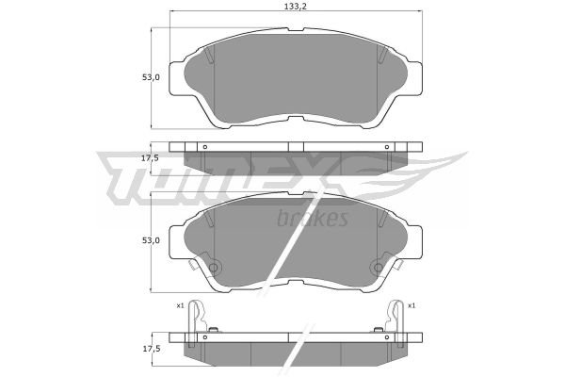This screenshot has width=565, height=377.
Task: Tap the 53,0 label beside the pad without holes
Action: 151,77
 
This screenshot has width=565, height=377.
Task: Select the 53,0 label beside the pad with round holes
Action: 151,241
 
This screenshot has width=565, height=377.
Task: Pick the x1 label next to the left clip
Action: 181,305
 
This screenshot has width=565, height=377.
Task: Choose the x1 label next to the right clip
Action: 412,305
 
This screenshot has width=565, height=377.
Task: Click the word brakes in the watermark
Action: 313,218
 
